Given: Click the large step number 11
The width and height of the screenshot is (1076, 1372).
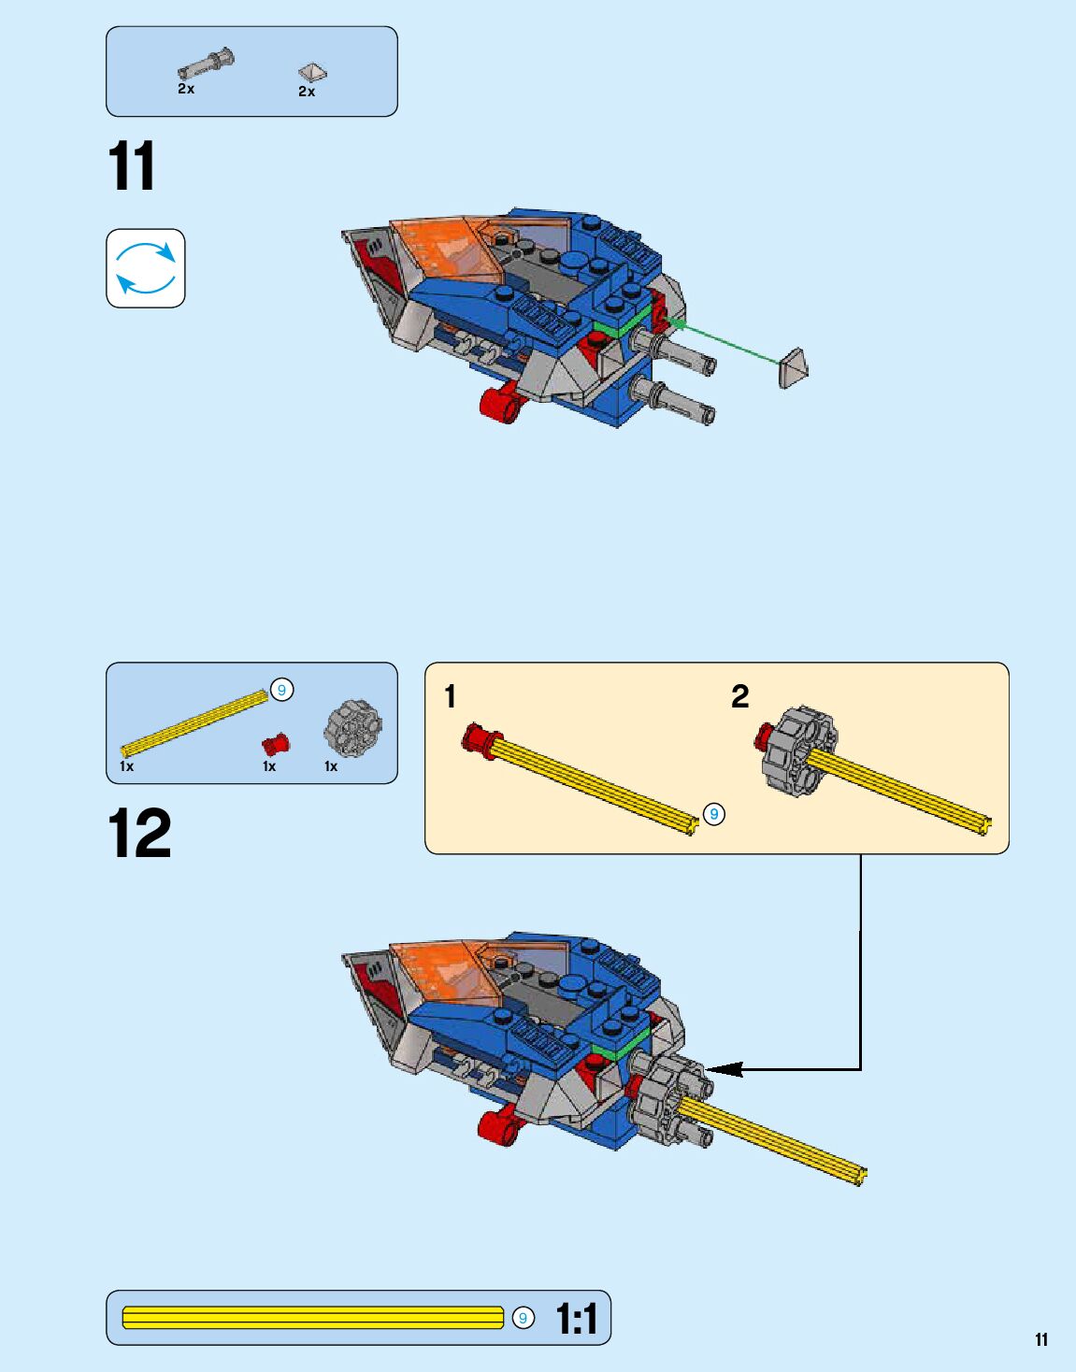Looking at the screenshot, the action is pyautogui.click(x=132, y=167).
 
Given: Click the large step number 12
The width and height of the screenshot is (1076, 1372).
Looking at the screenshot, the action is pyautogui.click(x=139, y=833).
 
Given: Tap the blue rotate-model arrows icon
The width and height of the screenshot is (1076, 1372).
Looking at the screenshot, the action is pyautogui.click(x=146, y=268).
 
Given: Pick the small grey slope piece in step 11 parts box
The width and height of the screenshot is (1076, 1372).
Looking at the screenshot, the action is pyautogui.click(x=312, y=72).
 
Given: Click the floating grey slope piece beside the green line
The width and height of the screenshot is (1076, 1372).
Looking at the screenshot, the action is pyautogui.click(x=793, y=368).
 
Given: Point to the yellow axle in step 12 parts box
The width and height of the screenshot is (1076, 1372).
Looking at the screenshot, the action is pyautogui.click(x=194, y=723).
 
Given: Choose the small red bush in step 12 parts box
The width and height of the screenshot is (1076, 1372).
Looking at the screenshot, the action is pyautogui.click(x=275, y=744).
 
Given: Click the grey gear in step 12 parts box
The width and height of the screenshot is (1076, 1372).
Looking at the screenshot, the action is pyautogui.click(x=352, y=728).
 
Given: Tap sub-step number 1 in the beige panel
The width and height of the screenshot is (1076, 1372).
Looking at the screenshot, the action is pyautogui.click(x=451, y=696).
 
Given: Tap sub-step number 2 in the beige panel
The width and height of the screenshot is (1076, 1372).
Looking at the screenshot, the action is pyautogui.click(x=740, y=696).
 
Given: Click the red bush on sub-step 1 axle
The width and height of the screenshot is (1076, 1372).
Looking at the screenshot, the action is pyautogui.click(x=481, y=741).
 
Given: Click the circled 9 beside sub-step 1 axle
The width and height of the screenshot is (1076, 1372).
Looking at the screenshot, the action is pyautogui.click(x=714, y=814).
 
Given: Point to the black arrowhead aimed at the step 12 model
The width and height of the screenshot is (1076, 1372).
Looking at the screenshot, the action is pyautogui.click(x=725, y=1069).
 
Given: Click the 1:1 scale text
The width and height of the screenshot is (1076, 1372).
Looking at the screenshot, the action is pyautogui.click(x=576, y=1319).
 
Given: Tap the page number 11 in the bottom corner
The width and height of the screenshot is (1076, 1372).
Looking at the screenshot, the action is pyautogui.click(x=1041, y=1340).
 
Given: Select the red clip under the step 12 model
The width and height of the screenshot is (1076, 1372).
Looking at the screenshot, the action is pyautogui.click(x=499, y=1124).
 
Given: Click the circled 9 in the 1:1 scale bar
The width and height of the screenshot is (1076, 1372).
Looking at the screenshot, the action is pyautogui.click(x=524, y=1318).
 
